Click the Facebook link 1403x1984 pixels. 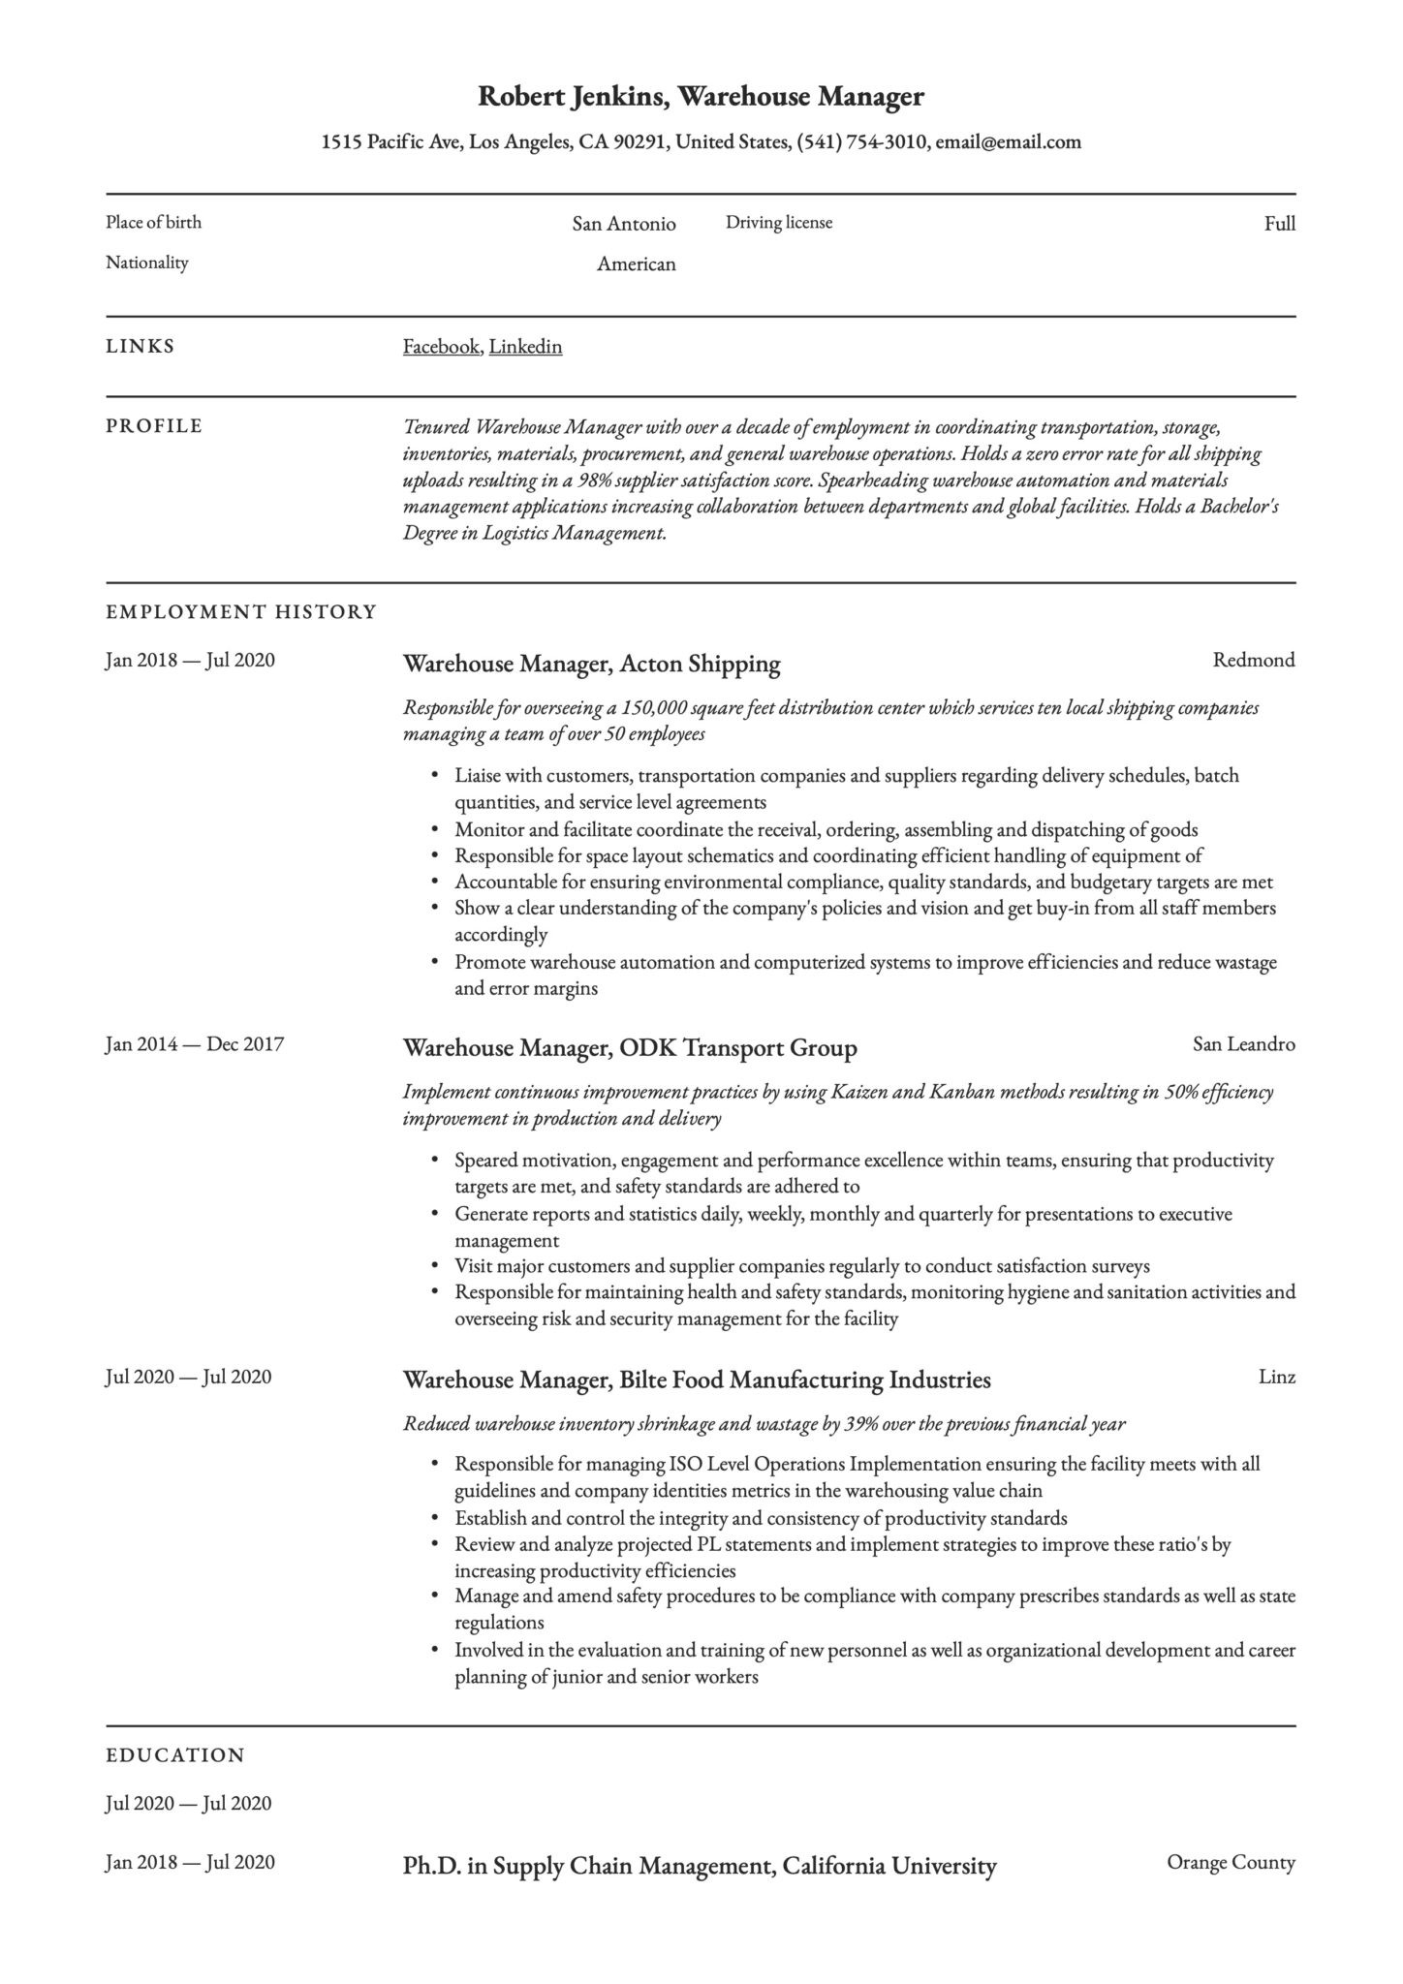tap(441, 347)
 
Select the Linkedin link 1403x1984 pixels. tap(525, 347)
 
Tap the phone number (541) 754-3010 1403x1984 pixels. tap(861, 142)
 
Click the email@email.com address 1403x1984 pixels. tap(1008, 142)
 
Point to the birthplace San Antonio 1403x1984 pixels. tap(623, 225)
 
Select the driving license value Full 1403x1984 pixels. tap(1279, 225)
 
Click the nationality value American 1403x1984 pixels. tap(636, 264)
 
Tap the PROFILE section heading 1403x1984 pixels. tap(154, 426)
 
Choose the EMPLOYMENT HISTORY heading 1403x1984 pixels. tap(240, 612)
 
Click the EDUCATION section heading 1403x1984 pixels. tap(175, 1755)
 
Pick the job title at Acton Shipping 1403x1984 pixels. tap(591, 665)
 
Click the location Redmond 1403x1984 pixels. tap(1253, 661)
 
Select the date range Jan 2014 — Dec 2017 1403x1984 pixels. tap(194, 1044)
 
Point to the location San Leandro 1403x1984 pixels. tap(1243, 1044)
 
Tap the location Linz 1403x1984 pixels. tap(1276, 1378)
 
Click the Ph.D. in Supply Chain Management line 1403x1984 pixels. tap(699, 1866)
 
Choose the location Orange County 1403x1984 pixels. tap(1231, 1862)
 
